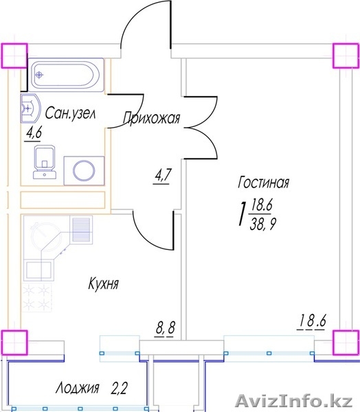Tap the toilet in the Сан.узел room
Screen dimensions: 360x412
point(45,162)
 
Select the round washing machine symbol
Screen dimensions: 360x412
point(84,171)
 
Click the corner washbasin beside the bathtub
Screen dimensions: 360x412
point(30,108)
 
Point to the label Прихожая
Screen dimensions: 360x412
point(152,117)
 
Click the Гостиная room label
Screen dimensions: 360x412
point(264,183)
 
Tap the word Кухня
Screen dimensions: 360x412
point(103,283)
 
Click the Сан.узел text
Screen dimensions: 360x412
point(71,113)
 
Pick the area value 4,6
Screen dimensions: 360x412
point(34,133)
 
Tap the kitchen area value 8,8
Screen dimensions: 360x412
point(166,327)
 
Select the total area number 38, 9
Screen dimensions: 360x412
point(262,225)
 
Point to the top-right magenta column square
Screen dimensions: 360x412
point(346,56)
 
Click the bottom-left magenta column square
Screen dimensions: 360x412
point(14,343)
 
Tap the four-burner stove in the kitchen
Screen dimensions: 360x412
point(36,297)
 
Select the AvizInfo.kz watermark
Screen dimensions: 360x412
point(294,401)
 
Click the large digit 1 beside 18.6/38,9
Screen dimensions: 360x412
point(243,214)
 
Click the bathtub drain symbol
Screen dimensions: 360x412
point(39,75)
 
